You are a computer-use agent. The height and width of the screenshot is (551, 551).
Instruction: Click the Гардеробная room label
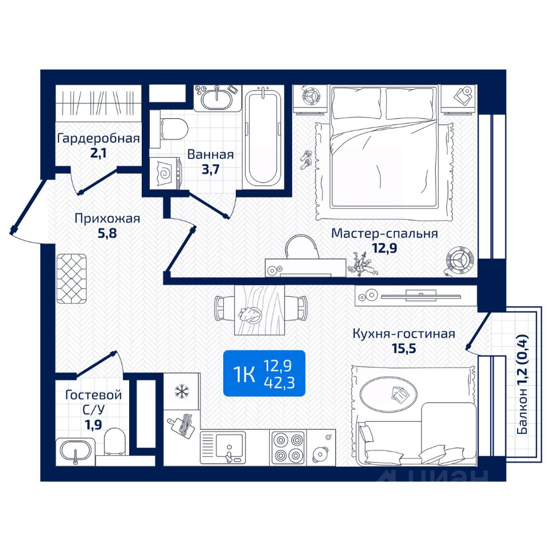99,138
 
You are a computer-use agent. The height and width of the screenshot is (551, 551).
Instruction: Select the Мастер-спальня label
385,234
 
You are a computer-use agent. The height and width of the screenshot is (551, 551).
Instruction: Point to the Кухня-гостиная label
403,333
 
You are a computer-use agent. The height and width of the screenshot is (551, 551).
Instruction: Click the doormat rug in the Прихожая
72,279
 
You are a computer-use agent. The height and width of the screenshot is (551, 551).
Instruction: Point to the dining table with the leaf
258,310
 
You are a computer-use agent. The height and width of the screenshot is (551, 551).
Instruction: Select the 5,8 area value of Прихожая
107,233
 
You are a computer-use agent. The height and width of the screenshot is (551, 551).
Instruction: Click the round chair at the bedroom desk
302,247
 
